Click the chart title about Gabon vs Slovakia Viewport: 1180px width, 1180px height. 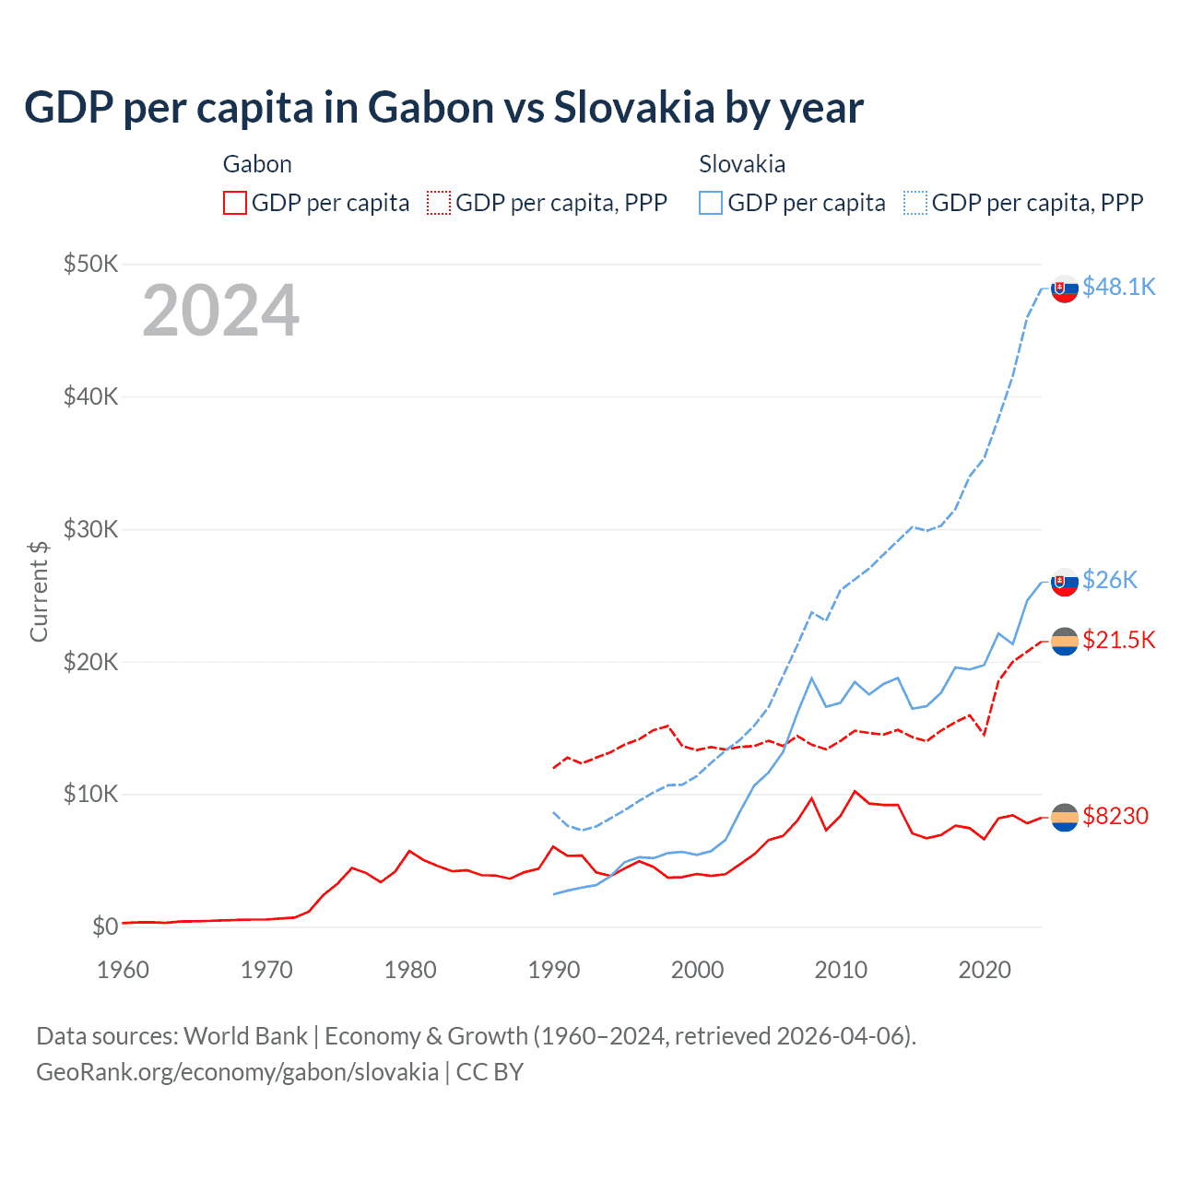click(x=443, y=108)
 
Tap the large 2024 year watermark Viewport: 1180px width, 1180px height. click(x=220, y=311)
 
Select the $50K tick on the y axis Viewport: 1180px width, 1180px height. click(x=90, y=265)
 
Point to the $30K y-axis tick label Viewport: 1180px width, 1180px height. click(x=90, y=529)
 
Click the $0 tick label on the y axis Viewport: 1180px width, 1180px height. click(x=104, y=926)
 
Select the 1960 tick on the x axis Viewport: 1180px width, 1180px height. click(x=123, y=970)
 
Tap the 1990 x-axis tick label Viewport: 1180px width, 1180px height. click(x=554, y=970)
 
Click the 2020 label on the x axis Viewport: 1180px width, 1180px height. click(x=985, y=970)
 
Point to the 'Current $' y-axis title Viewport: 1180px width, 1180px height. click(x=39, y=591)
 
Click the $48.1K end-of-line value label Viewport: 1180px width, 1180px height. click(x=1118, y=288)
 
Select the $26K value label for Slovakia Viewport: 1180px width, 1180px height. click(x=1110, y=580)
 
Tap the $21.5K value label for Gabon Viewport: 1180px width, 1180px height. click(x=1118, y=640)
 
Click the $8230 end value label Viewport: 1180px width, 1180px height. click(x=1115, y=816)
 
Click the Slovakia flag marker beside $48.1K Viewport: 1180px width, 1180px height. click(x=1065, y=289)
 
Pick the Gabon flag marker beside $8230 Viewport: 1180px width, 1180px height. click(x=1065, y=817)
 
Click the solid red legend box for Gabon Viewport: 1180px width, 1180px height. click(x=235, y=203)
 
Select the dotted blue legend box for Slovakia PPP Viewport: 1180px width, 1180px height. click(x=915, y=203)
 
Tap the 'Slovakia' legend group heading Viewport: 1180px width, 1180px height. click(x=742, y=164)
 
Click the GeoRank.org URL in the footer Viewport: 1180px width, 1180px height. click(x=237, y=1072)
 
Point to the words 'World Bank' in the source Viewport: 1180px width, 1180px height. click(x=245, y=1036)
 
